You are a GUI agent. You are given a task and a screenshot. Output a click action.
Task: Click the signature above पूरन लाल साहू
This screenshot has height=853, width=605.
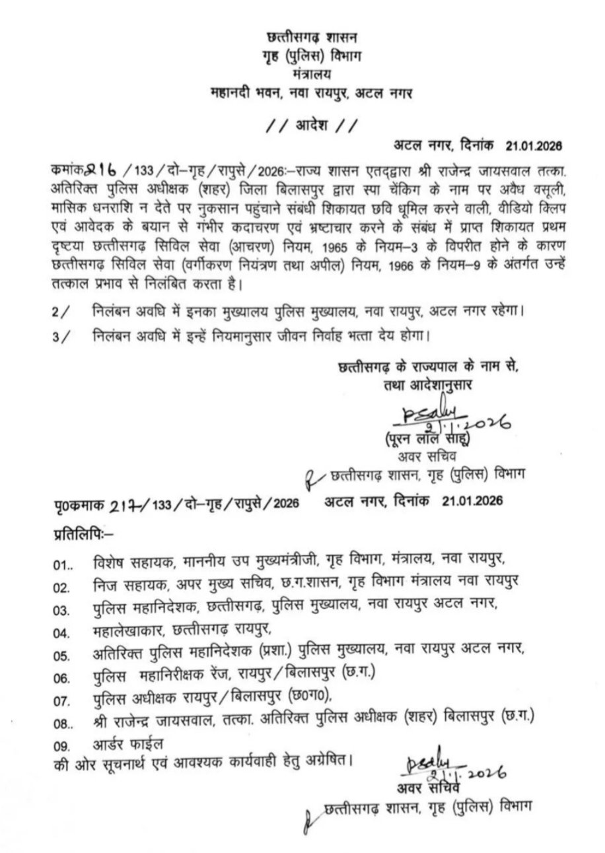[x=429, y=417]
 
